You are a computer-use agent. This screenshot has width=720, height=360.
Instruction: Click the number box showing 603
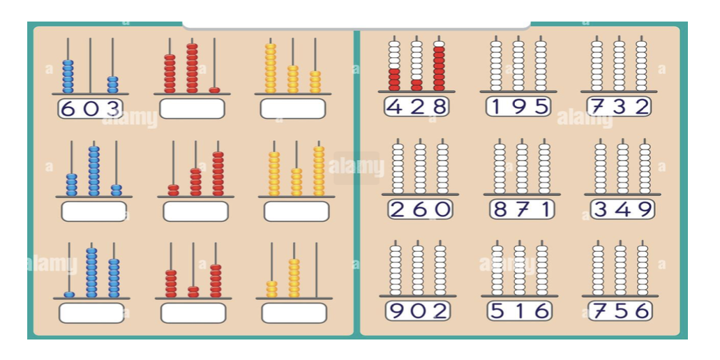[90, 108]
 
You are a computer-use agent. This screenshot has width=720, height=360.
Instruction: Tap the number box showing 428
[417, 106]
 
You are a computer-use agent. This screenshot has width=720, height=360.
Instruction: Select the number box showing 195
[518, 106]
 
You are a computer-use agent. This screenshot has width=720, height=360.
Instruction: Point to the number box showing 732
[619, 106]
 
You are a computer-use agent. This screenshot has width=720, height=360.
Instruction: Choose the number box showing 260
[420, 209]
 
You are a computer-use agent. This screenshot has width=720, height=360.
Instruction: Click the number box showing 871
[522, 209]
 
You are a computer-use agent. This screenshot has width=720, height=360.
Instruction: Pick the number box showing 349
[622, 209]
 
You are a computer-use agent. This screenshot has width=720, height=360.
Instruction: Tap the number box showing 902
[418, 310]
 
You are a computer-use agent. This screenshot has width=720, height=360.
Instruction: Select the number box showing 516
[519, 310]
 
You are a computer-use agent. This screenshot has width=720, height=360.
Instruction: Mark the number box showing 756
[620, 310]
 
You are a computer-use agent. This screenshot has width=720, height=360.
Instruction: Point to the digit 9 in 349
[643, 209]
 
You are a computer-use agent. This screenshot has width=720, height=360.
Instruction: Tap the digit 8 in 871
[500, 209]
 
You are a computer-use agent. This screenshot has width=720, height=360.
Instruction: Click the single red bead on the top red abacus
[214, 90]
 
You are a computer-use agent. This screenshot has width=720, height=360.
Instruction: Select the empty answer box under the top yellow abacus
[293, 108]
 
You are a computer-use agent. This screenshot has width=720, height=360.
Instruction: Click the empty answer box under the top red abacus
[192, 108]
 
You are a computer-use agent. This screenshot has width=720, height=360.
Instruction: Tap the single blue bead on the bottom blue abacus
[69, 294]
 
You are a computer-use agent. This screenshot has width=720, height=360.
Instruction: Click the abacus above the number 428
[417, 64]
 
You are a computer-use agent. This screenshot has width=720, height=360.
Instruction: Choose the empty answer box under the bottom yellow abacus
[294, 313]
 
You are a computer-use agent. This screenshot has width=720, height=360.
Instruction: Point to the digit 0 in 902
[418, 310]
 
